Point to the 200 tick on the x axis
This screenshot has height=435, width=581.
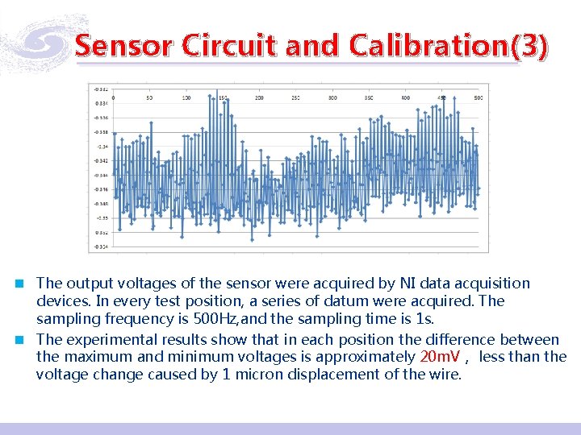coord(259,98)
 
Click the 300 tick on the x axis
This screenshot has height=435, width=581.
coord(332,98)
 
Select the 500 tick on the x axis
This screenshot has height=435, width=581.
coord(479,98)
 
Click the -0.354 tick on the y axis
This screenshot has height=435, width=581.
coord(102,246)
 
